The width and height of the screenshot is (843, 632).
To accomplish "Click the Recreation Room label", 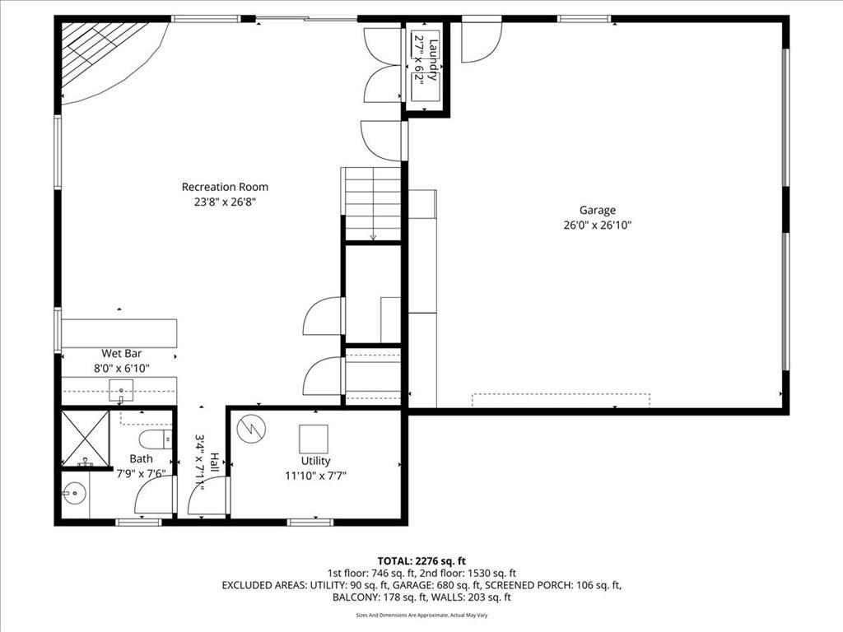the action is tap(225, 187).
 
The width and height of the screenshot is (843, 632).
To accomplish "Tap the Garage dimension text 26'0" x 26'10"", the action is tap(598, 225).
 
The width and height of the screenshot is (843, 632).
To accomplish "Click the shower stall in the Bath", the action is tap(86, 439).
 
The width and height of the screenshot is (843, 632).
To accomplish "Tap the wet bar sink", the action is tap(122, 391).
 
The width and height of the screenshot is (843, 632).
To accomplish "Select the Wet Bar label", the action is tap(122, 353).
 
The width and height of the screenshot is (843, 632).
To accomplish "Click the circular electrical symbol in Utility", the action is tap(251, 428).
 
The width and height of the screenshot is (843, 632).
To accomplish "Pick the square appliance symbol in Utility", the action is tap(314, 439).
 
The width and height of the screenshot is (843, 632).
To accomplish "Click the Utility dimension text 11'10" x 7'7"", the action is tap(315, 476).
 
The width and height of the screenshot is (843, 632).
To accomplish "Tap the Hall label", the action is tap(214, 462).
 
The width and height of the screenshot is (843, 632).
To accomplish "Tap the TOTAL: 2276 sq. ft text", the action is tap(421, 561).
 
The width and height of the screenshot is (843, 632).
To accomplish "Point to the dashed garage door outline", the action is tap(561, 401).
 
